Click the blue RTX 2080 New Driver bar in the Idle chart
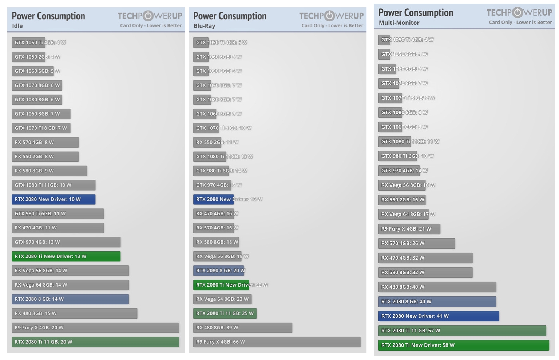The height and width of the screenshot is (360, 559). click(53, 199)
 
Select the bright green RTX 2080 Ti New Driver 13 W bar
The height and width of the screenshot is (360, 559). click(66, 256)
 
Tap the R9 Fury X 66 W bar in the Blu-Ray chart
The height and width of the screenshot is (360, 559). click(277, 342)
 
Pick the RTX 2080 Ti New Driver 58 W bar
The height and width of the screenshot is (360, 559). click(463, 345)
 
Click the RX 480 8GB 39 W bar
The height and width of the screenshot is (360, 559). click(242, 328)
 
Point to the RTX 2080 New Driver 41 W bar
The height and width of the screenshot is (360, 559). click(439, 316)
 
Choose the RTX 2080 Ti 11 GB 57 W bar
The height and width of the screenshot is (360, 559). click(462, 331)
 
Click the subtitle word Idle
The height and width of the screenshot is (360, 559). click(17, 26)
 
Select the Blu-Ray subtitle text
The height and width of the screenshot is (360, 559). click(204, 26)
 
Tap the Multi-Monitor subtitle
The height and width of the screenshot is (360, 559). click(399, 23)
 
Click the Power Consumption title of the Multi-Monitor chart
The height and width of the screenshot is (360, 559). click(416, 13)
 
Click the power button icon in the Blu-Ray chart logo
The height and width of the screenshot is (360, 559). click(329, 16)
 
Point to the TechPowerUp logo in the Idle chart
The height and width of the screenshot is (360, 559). click(150, 16)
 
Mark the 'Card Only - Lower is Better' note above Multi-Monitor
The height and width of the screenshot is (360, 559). click(520, 22)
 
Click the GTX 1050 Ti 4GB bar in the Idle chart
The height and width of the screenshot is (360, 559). click(28, 43)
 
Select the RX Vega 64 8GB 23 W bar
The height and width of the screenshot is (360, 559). click(222, 299)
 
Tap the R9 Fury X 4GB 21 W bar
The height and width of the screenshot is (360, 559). click(409, 229)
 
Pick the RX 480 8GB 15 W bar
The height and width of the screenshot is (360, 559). click(74, 313)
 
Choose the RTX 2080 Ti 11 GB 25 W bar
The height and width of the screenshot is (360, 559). click(225, 313)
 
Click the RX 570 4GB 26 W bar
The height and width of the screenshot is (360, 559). click(416, 243)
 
